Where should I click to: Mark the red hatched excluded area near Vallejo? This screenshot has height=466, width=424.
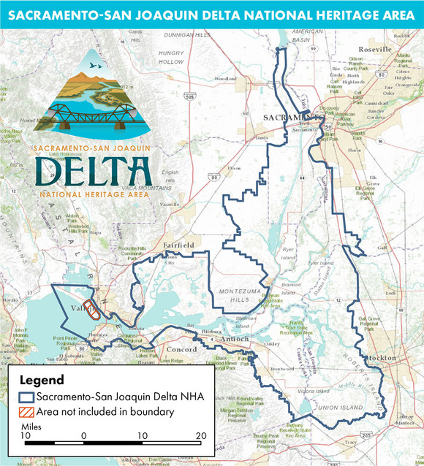coord(91,310)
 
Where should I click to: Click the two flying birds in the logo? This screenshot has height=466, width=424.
coord(94,66)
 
